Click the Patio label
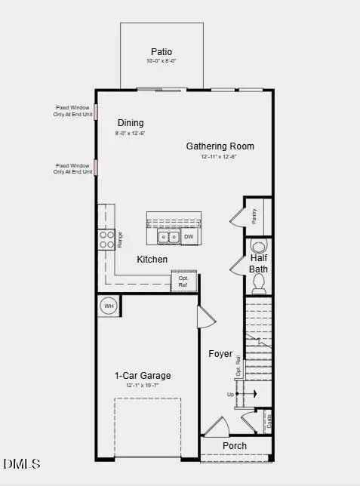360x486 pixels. click(x=161, y=52)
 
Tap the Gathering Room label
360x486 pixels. click(x=220, y=146)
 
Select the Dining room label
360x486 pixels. click(x=131, y=123)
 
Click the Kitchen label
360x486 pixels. click(x=152, y=260)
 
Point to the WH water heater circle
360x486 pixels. click(x=109, y=306)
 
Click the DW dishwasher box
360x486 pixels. click(x=189, y=238)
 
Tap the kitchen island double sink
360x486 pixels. click(x=168, y=238)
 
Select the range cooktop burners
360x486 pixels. click(x=105, y=239)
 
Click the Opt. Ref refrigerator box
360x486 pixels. click(x=183, y=281)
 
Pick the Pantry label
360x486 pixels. click(x=255, y=216)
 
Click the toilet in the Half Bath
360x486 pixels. click(x=259, y=281)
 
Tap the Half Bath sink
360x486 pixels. click(x=258, y=246)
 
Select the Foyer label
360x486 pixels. click(x=220, y=353)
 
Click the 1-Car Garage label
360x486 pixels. click(x=143, y=375)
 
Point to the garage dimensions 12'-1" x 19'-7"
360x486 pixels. click(x=143, y=386)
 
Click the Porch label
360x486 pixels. click(x=234, y=445)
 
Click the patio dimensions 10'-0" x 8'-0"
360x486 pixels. click(x=161, y=61)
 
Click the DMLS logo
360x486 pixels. click(x=22, y=463)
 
